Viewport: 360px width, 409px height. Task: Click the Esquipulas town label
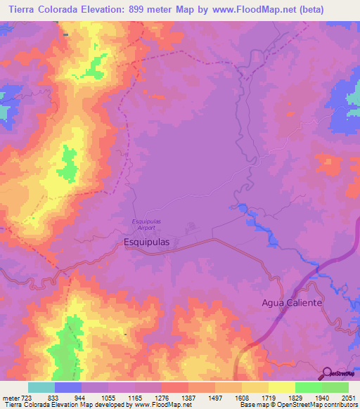[x=146, y=241]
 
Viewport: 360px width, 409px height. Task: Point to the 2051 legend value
[x=349, y=398]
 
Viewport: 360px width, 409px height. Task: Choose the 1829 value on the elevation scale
[x=295, y=398]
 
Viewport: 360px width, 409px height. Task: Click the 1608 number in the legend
[x=242, y=398]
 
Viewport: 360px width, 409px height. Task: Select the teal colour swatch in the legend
[x=41, y=387]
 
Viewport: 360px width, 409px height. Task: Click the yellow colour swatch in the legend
[x=281, y=387]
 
